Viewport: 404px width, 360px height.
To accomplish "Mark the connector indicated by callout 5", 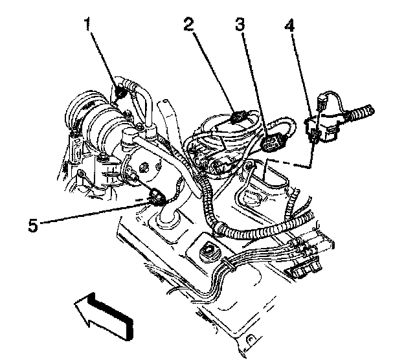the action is (x=157, y=196).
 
